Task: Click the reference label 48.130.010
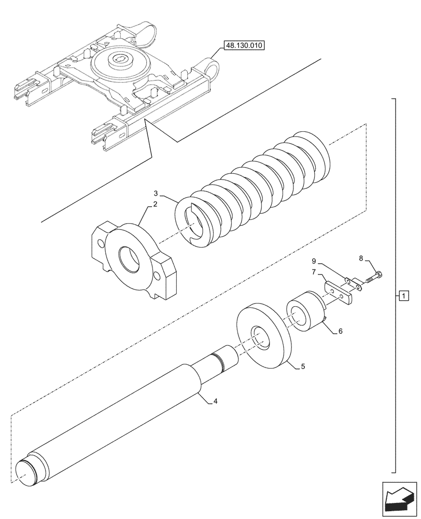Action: coord(244,46)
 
